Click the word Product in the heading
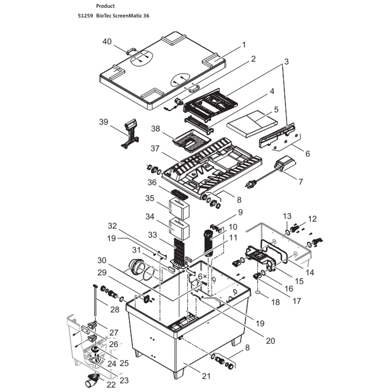click(105, 6)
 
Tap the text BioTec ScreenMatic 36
click(123, 16)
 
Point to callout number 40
click(108, 42)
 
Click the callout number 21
click(206, 376)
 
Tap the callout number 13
click(287, 216)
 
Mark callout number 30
click(102, 261)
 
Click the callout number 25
click(124, 363)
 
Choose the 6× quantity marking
click(202, 276)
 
